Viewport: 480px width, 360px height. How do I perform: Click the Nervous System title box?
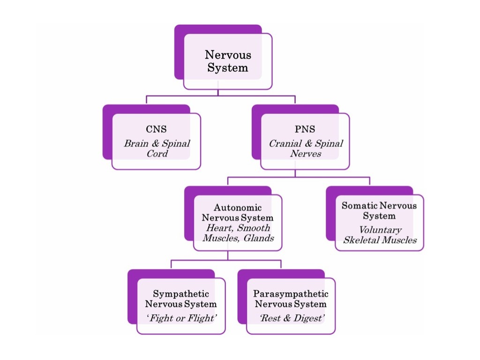pos(228,61)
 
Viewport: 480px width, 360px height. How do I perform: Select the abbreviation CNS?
pos(156,129)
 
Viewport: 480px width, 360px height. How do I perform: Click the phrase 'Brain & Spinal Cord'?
pos(157,148)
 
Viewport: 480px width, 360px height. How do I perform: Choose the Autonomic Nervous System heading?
pos(238,212)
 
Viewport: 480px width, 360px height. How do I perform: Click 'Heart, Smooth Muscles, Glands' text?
pos(238,233)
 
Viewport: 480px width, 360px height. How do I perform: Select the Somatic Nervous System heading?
pos(379,210)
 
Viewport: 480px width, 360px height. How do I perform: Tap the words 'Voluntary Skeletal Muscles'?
pos(380,235)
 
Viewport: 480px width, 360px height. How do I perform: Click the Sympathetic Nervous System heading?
pos(181,299)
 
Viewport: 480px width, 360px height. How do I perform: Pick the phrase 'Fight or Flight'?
pos(181,318)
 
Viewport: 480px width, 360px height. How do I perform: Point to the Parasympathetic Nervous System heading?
pos(291,299)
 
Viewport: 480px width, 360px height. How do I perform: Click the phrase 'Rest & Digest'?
pos(291,318)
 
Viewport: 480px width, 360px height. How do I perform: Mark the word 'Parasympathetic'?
pos(291,294)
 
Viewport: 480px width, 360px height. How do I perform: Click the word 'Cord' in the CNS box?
pos(157,154)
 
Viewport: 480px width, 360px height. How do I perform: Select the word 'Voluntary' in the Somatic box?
pos(380,230)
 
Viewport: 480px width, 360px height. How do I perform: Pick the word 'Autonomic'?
pos(238,207)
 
